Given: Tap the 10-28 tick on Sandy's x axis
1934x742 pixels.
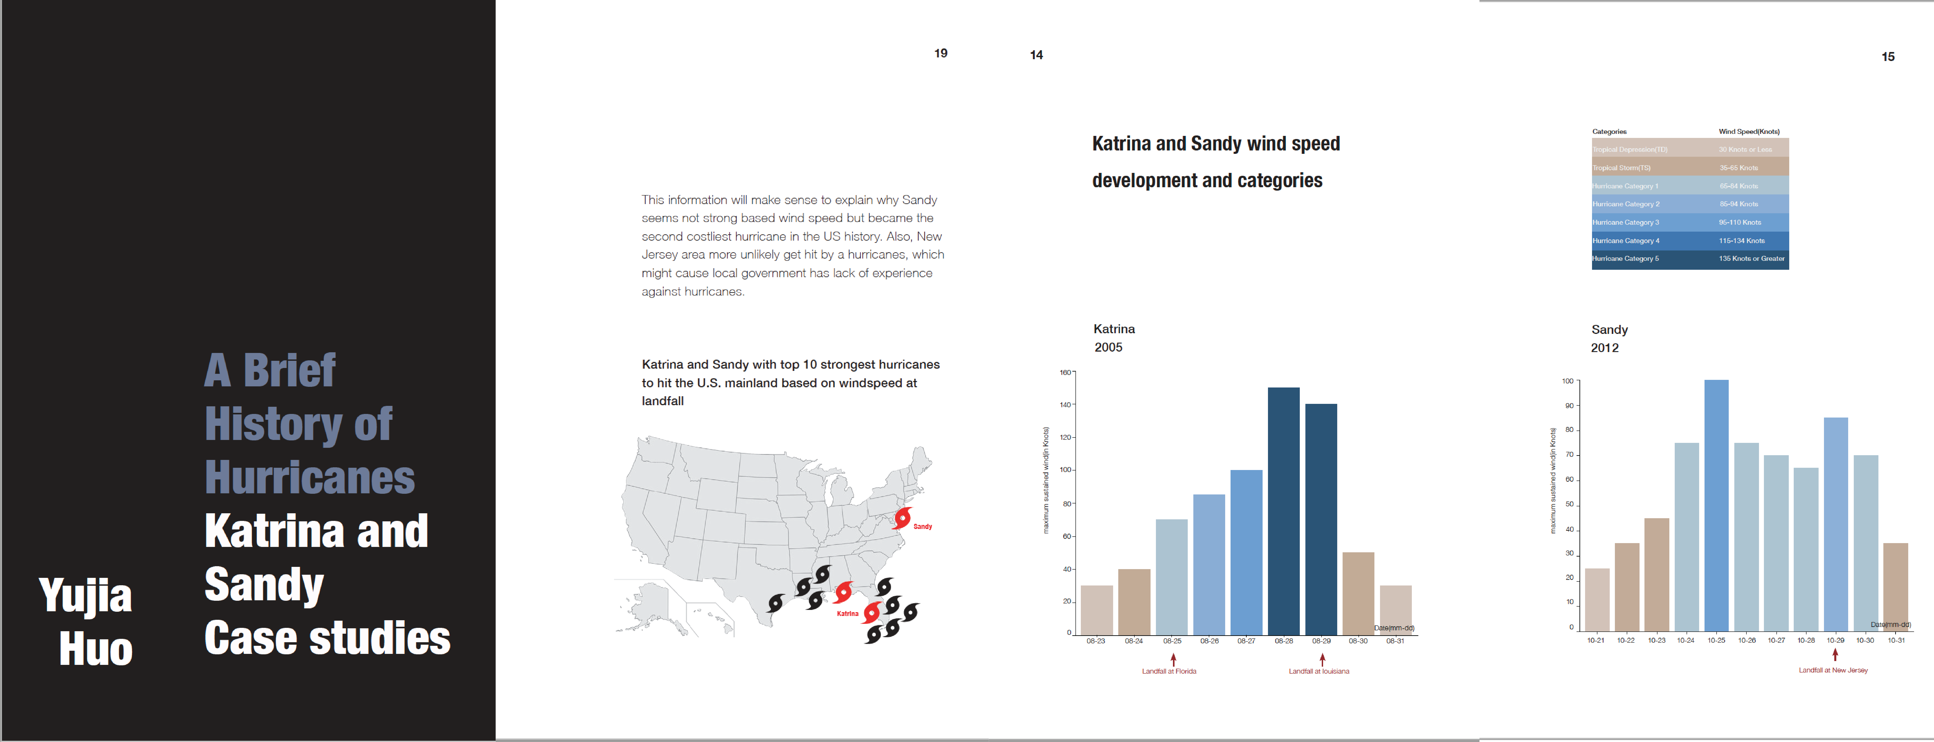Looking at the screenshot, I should click(1806, 641).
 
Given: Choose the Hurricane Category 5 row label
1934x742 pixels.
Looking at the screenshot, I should click(1625, 258).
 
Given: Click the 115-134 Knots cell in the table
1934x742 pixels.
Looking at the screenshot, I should click(1742, 240).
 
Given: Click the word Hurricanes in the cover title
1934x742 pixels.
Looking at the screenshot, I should click(309, 478).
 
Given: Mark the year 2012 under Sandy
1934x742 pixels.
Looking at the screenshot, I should click(1604, 348).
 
